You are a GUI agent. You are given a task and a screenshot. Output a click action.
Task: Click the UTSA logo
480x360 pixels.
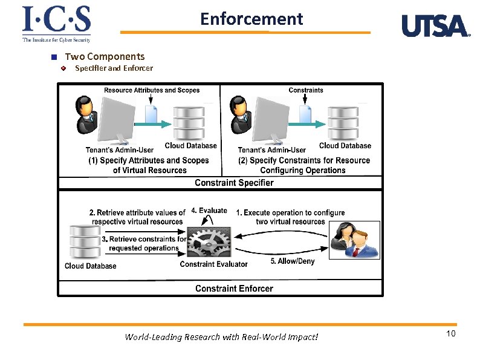[x=436, y=27]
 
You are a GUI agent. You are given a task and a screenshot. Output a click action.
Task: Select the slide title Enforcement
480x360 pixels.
[x=251, y=19]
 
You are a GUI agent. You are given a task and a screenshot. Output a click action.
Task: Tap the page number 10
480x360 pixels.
[x=450, y=335]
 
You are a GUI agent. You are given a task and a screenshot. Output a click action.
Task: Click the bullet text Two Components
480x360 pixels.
[x=105, y=56]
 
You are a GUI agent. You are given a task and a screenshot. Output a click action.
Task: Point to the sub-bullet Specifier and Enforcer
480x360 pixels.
[x=114, y=68]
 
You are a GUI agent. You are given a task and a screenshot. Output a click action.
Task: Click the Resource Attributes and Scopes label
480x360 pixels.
[x=152, y=90]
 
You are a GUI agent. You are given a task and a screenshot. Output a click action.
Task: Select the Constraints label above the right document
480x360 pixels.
[x=305, y=90]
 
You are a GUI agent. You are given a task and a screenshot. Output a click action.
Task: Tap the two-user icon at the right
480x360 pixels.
[x=355, y=240]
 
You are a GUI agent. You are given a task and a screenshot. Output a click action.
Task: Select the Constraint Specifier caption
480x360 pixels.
[x=234, y=183]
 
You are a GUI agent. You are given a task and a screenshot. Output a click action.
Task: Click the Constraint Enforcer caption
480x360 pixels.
[x=234, y=289]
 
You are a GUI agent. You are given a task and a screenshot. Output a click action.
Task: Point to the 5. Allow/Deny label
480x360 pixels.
[x=292, y=261]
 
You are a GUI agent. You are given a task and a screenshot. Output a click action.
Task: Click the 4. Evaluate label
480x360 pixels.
[x=209, y=211]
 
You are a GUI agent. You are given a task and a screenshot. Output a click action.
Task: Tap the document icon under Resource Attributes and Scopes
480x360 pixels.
[x=151, y=114]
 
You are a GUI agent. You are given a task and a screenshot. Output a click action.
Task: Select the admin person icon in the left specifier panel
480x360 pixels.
[x=86, y=114]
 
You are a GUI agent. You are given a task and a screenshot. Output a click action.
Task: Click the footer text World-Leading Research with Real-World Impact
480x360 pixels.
[x=221, y=337]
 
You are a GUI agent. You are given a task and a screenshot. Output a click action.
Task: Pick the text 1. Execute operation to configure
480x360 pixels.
[x=290, y=213]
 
